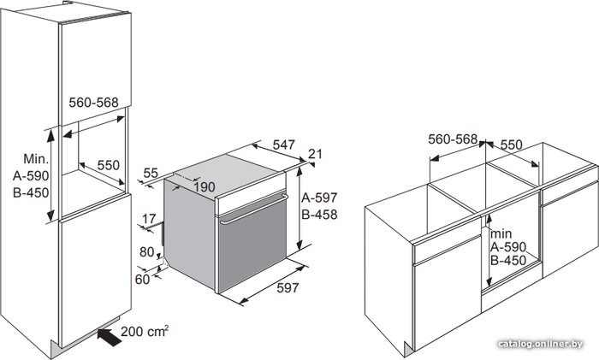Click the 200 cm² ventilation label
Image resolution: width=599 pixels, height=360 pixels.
[x=145, y=331]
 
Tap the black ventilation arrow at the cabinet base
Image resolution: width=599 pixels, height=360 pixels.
[x=109, y=337]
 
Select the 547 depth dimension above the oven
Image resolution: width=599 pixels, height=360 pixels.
[x=284, y=145]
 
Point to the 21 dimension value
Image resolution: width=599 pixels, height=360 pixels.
[x=315, y=154]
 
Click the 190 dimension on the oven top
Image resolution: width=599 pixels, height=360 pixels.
[x=205, y=187]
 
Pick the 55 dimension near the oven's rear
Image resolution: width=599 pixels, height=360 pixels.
[x=151, y=173]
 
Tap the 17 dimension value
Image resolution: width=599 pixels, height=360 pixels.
[x=149, y=219]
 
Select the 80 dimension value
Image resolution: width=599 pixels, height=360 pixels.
[x=146, y=252]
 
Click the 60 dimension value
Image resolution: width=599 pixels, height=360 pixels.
[x=142, y=280]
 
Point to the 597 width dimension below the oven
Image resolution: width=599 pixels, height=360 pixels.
[x=288, y=288]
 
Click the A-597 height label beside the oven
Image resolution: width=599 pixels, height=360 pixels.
[x=319, y=198]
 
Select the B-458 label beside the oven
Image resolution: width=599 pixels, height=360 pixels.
[x=319, y=215]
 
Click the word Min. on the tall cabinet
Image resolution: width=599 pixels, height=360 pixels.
[x=36, y=158]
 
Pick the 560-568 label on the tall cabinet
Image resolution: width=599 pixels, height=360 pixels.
[x=93, y=103]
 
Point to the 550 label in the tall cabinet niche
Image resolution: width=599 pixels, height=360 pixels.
[x=109, y=165]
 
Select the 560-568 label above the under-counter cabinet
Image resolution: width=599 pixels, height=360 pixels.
[x=453, y=139]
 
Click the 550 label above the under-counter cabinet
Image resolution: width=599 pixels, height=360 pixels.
[x=511, y=145]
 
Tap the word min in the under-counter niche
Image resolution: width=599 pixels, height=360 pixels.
[x=501, y=233]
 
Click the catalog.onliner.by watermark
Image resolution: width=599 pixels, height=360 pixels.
[x=541, y=344]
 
